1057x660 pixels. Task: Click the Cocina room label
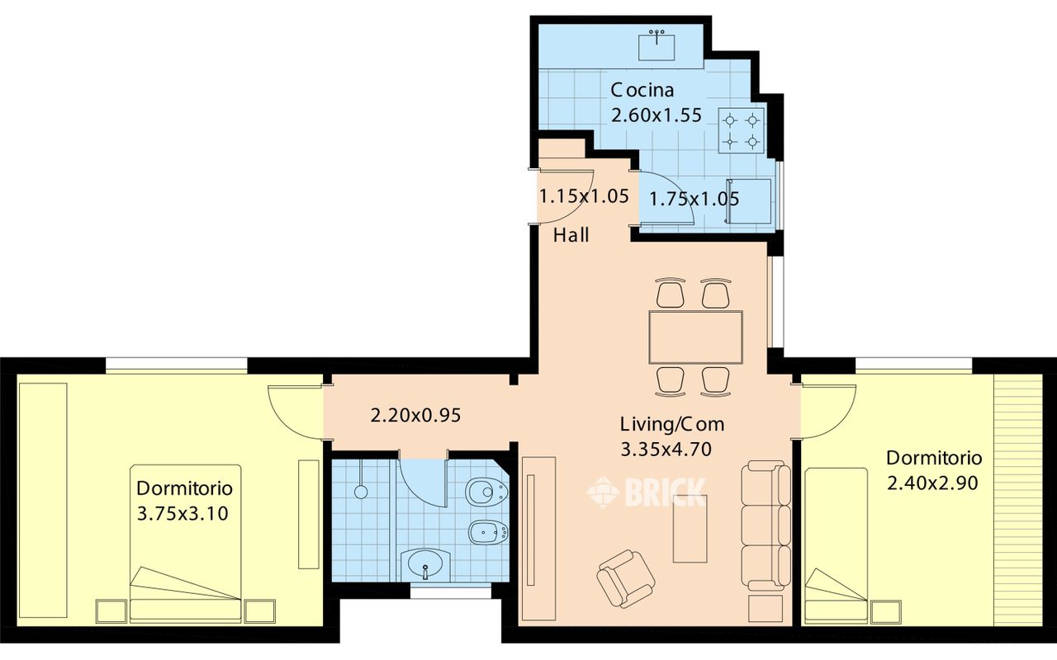tap(642, 90)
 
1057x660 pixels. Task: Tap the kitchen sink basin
tap(656, 45)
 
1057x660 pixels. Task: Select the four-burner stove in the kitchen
tap(742, 130)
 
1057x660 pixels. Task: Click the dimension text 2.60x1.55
tap(656, 115)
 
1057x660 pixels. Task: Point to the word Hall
tap(571, 235)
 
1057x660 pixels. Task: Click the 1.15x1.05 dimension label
tap(584, 196)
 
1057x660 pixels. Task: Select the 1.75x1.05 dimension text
tap(694, 199)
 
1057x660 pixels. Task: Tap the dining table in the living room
tap(695, 337)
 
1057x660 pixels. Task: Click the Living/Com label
tap(672, 424)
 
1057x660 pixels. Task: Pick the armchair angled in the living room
tap(626, 578)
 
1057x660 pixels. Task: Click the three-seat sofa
tap(765, 526)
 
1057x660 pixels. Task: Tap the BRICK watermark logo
tap(647, 493)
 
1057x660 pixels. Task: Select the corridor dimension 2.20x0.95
tap(415, 416)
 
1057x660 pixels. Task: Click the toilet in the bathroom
tap(487, 493)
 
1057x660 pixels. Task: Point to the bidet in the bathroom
tap(488, 533)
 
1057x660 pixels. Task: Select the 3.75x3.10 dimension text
tap(182, 513)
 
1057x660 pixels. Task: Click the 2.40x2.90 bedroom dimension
tap(932, 483)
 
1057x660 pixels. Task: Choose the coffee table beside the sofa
tap(690, 529)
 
